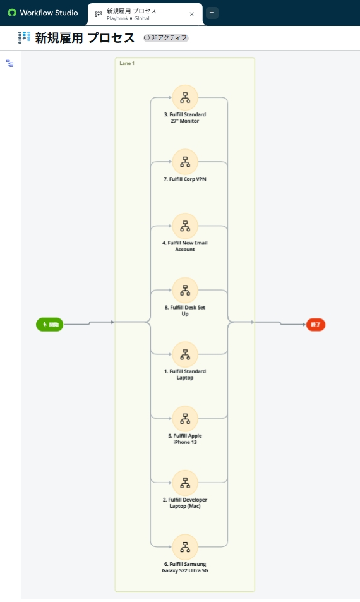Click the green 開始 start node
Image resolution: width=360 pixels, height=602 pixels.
(x=50, y=325)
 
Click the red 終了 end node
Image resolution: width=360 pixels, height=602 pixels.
(x=316, y=325)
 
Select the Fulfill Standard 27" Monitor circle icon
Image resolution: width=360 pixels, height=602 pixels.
(x=185, y=97)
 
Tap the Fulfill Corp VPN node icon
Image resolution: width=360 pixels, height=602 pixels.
(x=185, y=162)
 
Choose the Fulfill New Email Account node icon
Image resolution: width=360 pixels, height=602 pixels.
(x=185, y=226)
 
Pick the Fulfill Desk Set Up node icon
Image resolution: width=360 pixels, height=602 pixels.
(x=185, y=290)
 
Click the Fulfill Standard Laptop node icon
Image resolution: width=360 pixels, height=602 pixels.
(x=185, y=354)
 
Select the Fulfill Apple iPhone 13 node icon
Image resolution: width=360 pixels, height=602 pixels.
(x=185, y=418)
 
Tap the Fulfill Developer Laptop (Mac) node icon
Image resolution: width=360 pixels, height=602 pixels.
(x=185, y=482)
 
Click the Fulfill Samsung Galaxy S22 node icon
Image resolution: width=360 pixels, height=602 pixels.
(x=185, y=546)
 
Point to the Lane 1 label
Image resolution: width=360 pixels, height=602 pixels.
(x=127, y=63)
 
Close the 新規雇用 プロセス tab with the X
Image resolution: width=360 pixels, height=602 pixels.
(x=192, y=15)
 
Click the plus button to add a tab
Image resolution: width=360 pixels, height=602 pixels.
(x=212, y=13)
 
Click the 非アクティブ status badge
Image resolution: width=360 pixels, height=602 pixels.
(x=166, y=38)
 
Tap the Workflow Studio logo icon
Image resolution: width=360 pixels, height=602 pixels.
(x=12, y=13)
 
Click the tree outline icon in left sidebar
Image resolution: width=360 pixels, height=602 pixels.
(x=10, y=63)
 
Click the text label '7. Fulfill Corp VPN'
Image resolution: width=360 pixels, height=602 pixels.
(x=185, y=179)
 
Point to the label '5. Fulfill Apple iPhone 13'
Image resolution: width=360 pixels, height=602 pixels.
(x=185, y=439)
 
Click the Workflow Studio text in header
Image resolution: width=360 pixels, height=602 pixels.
(x=49, y=13)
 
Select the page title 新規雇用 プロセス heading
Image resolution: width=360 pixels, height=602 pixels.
(x=85, y=38)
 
